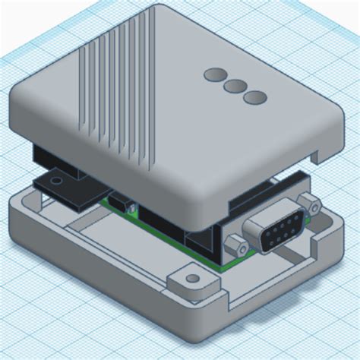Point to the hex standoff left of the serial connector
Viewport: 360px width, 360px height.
pyautogui.click(x=237, y=245)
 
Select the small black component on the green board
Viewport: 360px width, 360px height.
pyautogui.click(x=120, y=204)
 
